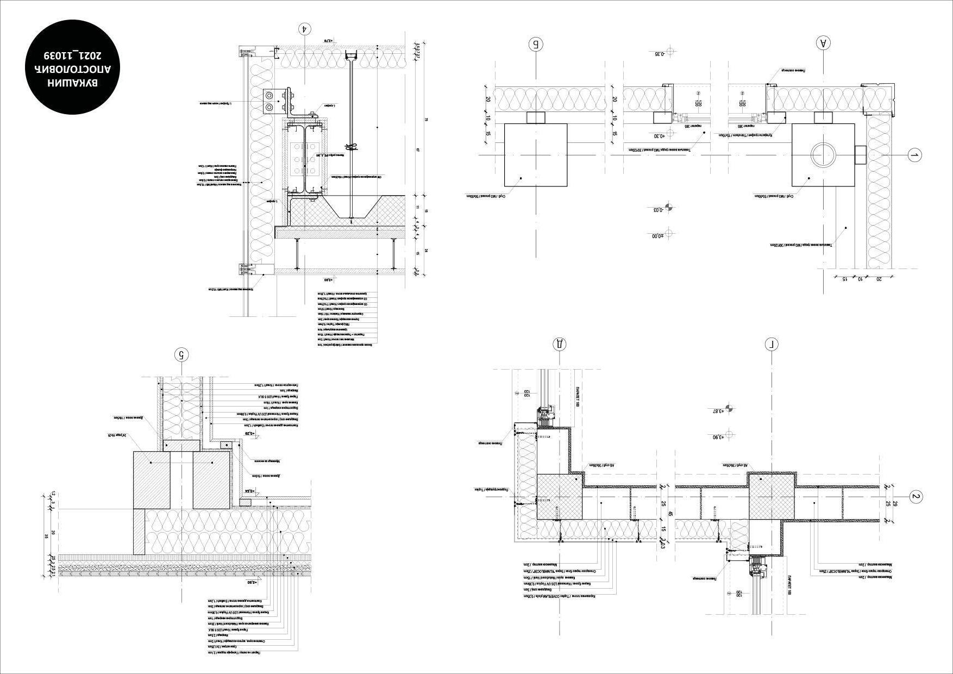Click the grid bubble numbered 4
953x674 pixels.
pos(306,29)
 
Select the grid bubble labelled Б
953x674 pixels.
pos(536,44)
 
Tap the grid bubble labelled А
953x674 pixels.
pos(824,43)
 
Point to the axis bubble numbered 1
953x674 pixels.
pos(915,155)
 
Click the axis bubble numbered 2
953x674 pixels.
pos(916,496)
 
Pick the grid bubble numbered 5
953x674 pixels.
pos(182,355)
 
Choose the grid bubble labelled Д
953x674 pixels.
pos(559,344)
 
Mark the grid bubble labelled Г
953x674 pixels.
pos(772,344)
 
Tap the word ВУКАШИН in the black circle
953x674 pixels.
pos(72,83)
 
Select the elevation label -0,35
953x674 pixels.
pos(660,53)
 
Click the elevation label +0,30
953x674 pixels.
pos(659,136)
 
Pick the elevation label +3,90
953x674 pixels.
pos(718,437)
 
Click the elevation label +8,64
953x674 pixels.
pos(250,491)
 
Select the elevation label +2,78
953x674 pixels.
pos(328,40)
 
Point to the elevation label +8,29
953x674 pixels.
pos(249,433)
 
